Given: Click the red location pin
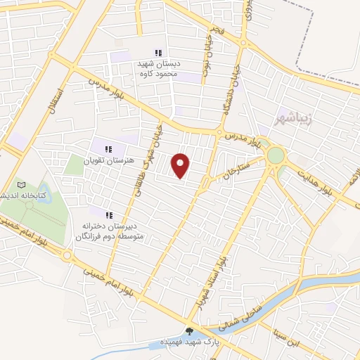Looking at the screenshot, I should click(181, 165).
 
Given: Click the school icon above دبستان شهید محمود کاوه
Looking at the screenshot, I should click(159, 53).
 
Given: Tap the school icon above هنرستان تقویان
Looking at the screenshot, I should click(108, 149).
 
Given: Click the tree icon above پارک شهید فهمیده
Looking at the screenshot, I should click(189, 331).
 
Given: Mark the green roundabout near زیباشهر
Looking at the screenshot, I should click(276, 155).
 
